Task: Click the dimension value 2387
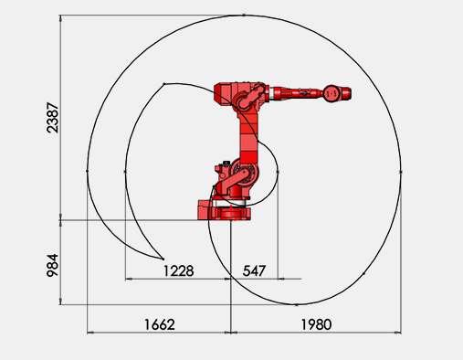(x=52, y=118)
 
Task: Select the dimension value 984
(x=52, y=265)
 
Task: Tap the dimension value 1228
(x=178, y=270)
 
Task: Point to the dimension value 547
(x=254, y=270)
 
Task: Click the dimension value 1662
(x=160, y=324)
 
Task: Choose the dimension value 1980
(x=316, y=324)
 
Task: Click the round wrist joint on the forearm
(x=331, y=94)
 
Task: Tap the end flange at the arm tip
(x=346, y=93)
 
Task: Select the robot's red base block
(x=225, y=210)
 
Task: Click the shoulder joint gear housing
(x=245, y=173)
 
